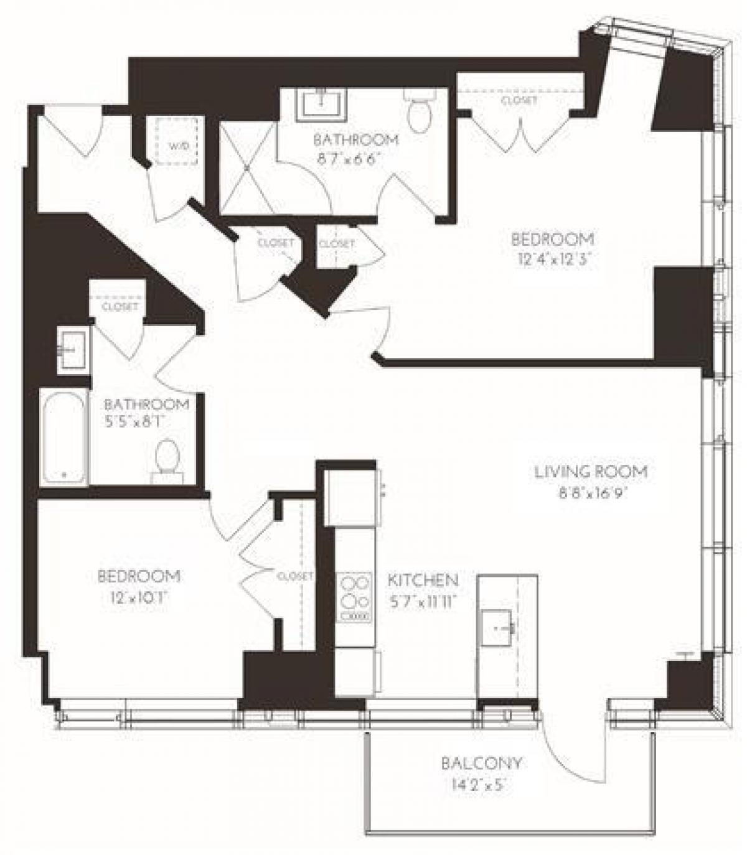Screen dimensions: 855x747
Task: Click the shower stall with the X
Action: tap(247, 167)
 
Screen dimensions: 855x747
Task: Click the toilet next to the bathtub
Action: tap(167, 459)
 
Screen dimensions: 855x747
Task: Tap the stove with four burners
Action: tap(354, 596)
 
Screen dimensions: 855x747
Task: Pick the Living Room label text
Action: tap(591, 472)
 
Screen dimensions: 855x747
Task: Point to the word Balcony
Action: tap(481, 763)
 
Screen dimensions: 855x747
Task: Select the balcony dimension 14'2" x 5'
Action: tap(481, 785)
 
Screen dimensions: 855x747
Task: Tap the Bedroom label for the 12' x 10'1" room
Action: tap(139, 576)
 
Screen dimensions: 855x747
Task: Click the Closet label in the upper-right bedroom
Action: tap(519, 100)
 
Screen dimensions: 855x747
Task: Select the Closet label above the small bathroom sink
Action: tap(120, 307)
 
